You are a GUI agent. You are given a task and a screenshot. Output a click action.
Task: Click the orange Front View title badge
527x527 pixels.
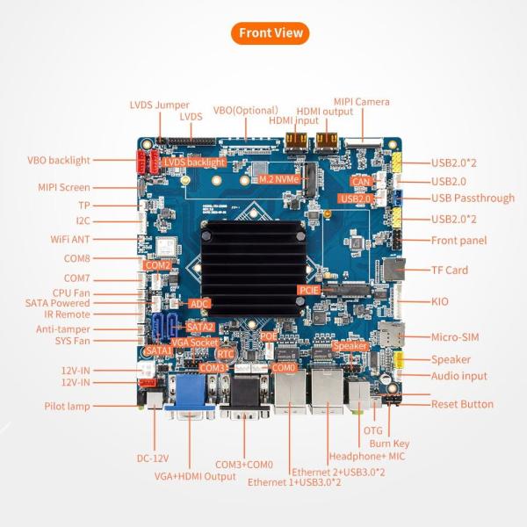coord(271,33)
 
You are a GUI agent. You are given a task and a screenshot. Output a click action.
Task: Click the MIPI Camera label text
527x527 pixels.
coord(361,102)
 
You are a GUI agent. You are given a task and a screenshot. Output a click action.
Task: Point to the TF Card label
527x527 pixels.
coord(450,271)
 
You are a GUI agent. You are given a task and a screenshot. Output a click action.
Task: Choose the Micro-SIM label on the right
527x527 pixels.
coord(456,336)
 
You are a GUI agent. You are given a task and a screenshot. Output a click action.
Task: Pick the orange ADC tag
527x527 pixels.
coord(199,303)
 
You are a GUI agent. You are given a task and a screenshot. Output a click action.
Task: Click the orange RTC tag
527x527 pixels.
coord(226,354)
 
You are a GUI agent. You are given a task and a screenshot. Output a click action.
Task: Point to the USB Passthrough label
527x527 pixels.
coord(473,198)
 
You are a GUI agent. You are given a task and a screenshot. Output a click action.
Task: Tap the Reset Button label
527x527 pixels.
coord(462,404)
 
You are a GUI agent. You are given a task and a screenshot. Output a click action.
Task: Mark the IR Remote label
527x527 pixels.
coord(67,314)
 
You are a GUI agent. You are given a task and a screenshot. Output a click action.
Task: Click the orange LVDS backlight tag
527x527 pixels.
coord(195,162)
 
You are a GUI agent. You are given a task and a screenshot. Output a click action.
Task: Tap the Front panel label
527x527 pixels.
coord(458,241)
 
